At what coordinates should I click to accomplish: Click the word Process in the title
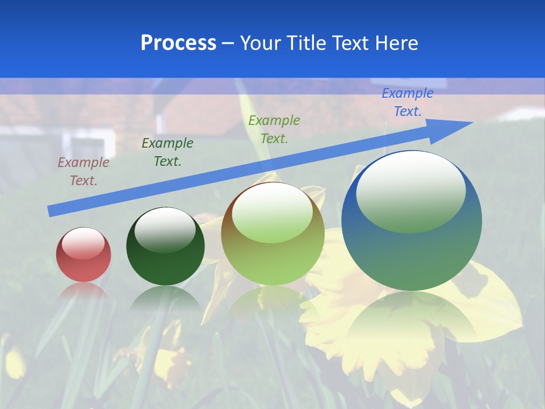(178, 43)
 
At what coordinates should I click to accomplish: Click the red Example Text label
(83, 172)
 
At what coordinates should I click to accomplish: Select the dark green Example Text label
(167, 152)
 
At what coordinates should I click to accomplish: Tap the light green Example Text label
(274, 129)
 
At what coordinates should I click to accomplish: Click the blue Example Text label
(407, 102)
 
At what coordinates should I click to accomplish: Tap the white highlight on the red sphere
(83, 243)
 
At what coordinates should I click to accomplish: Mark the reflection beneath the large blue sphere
(412, 318)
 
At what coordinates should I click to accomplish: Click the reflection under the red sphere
(83, 291)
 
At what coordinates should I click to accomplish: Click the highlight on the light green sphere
(272, 212)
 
